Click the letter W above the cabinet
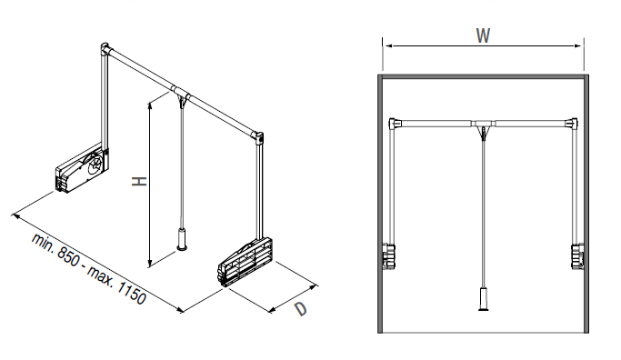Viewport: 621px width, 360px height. click(x=483, y=35)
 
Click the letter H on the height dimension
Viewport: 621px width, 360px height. click(x=139, y=182)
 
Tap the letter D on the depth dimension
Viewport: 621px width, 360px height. click(x=301, y=308)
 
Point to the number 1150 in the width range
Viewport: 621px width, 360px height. click(x=132, y=292)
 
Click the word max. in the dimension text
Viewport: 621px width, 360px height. click(x=101, y=275)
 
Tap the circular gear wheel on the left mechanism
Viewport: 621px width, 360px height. click(x=95, y=163)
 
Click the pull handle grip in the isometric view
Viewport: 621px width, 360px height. click(x=182, y=240)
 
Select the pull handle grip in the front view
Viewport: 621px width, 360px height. click(x=484, y=299)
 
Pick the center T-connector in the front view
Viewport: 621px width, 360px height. click(x=483, y=125)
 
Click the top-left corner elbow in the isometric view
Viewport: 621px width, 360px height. click(x=105, y=49)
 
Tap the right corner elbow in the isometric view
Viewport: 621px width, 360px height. click(x=258, y=137)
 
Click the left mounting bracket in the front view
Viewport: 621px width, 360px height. click(x=388, y=256)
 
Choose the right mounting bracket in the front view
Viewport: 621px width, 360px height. click(x=577, y=256)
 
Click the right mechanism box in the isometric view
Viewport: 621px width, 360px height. click(x=245, y=262)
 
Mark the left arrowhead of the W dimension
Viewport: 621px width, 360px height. click(x=387, y=46)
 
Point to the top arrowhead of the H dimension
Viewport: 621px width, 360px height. click(x=150, y=105)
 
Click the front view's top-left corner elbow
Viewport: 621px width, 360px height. click(x=395, y=123)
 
